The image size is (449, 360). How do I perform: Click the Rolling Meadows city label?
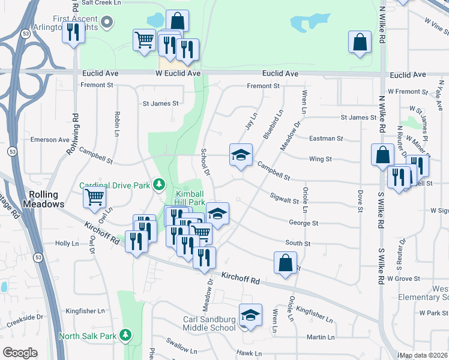[x=44, y=199]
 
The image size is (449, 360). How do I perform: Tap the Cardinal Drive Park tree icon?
[x=159, y=184]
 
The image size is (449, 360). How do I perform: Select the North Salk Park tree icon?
[x=125, y=334]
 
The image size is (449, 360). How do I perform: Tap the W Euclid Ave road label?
[x=178, y=73]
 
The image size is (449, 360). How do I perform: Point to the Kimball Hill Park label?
[x=190, y=198]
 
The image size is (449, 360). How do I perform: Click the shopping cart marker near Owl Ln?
[x=95, y=196]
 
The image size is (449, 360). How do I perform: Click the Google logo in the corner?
[x=20, y=353]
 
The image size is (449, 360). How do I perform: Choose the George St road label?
[x=303, y=223]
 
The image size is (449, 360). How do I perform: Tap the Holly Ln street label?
[x=67, y=244]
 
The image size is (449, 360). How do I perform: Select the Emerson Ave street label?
[x=50, y=140]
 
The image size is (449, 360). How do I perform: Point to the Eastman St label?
[x=326, y=139]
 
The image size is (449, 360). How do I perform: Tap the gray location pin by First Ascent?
[x=108, y=23]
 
